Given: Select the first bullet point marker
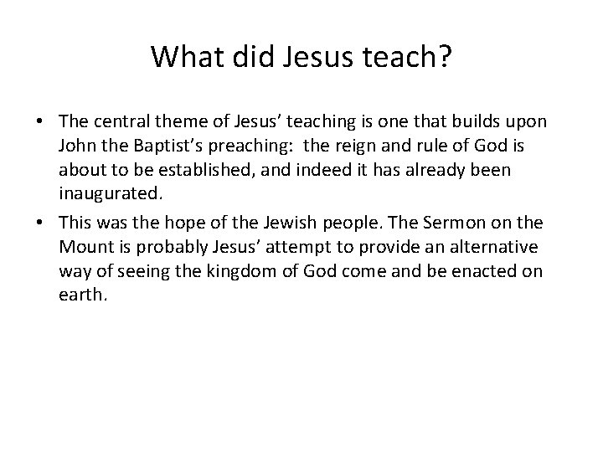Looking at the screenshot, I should tap(40, 121).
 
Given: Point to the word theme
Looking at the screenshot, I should tap(174, 121).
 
